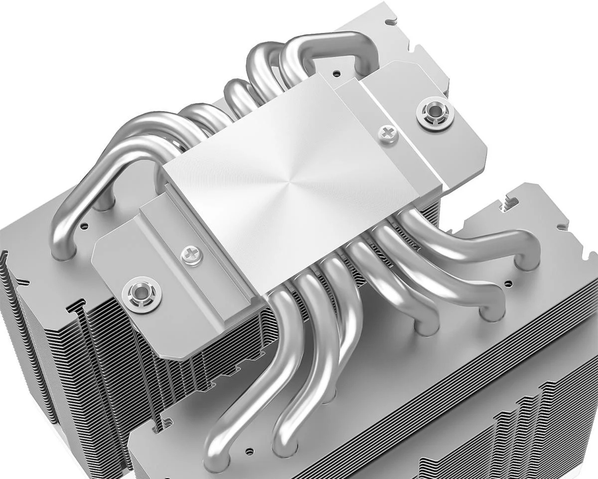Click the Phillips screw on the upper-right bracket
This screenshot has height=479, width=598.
point(387,132)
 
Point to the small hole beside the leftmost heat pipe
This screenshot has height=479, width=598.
point(84,226)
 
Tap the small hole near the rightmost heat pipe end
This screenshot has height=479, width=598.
point(508,283)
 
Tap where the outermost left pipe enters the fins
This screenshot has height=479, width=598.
point(62,252)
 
